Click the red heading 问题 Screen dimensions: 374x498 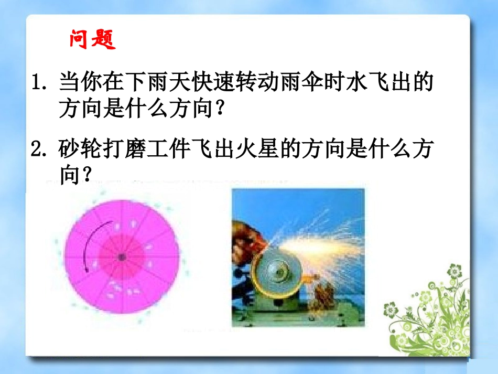click(x=92, y=39)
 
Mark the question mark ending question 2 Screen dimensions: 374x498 click(x=85, y=176)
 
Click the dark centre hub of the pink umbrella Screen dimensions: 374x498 click(x=121, y=257)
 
